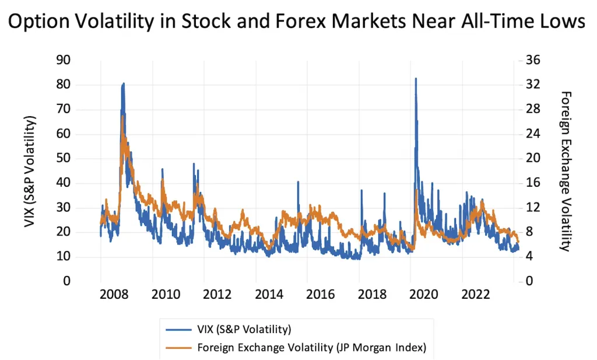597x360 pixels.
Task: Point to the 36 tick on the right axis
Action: (533, 60)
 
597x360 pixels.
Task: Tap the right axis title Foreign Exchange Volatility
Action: (564, 171)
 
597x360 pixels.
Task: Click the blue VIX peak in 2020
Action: (416, 78)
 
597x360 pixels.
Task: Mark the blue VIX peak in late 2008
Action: (123, 83)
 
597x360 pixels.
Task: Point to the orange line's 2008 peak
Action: (122, 116)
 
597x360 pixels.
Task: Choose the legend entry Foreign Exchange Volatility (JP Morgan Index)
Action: (311, 348)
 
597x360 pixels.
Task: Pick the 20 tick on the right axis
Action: (533, 159)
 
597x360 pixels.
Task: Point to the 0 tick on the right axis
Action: (531, 281)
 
